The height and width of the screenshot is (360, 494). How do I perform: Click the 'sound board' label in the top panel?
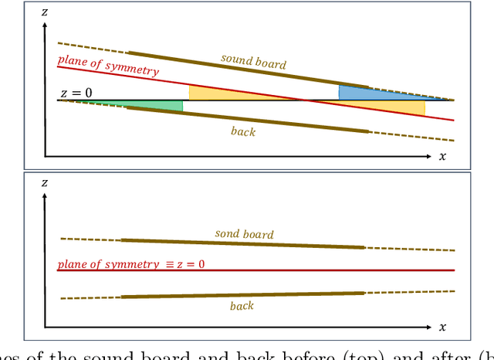[x=253, y=61]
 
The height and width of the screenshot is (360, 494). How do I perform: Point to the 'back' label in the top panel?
[x=243, y=131]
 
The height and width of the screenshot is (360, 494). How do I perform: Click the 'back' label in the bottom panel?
[x=242, y=307]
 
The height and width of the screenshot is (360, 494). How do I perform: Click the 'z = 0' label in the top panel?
[x=76, y=93]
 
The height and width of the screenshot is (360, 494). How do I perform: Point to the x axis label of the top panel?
[x=442, y=156]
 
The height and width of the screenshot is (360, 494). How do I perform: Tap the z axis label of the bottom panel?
[x=46, y=183]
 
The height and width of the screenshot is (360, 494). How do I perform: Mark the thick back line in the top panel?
[x=247, y=120]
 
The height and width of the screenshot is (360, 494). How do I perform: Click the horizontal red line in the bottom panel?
[x=324, y=270]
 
